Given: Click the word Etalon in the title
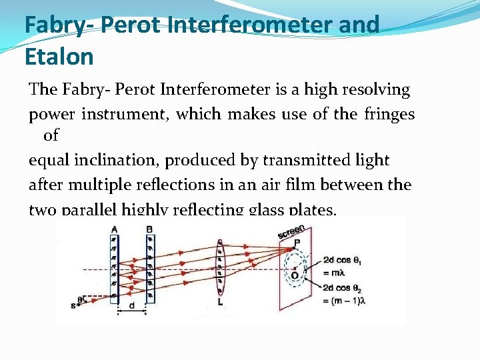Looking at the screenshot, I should (x=59, y=57).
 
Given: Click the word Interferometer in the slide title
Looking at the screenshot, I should (x=222, y=25).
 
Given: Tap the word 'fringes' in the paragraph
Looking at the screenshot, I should (x=389, y=114).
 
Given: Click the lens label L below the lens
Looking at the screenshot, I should (x=220, y=302).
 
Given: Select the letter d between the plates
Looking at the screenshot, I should (x=131, y=305).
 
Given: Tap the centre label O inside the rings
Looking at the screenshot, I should (x=294, y=275).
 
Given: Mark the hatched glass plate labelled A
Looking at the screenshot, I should (x=114, y=267).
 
